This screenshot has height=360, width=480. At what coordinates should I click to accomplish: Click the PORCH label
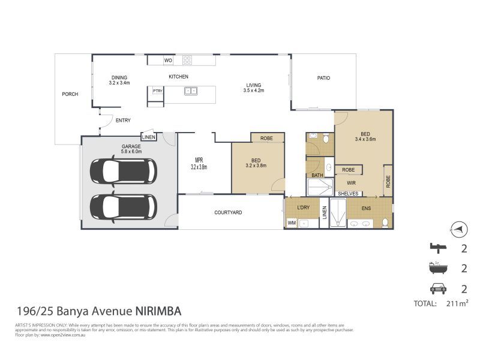tap(71, 94)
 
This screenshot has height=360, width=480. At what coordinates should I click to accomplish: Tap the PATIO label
tap(323, 78)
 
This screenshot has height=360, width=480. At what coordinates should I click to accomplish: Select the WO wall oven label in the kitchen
tap(169, 60)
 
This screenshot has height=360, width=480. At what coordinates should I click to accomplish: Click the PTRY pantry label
tap(157, 91)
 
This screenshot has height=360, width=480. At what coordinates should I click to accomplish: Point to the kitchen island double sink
tap(191, 91)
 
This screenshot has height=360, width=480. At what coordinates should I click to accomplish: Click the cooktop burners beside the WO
tap(187, 60)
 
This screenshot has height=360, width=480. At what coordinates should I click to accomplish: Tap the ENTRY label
tap(123, 121)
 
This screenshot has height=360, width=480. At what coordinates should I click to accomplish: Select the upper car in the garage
tap(123, 171)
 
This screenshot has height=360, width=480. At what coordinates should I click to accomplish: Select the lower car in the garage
tap(123, 206)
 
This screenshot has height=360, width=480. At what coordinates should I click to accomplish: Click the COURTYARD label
tap(228, 212)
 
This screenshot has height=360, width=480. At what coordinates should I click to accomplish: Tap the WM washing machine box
tap(292, 223)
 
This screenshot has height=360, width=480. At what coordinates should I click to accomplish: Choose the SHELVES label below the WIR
tap(348, 194)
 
